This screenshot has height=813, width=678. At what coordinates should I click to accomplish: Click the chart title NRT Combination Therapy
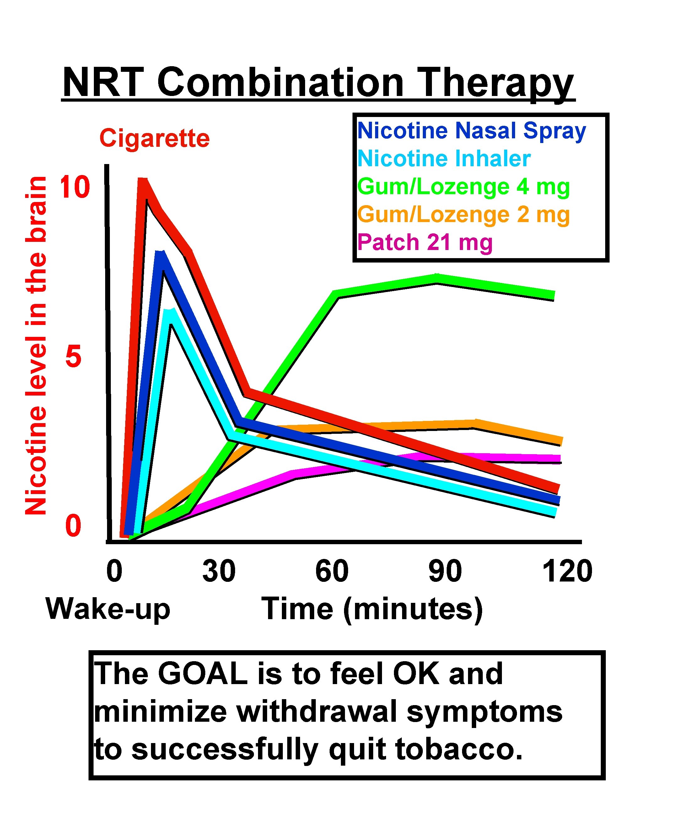click(318, 83)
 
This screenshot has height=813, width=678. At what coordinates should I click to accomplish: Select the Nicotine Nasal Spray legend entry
click(471, 131)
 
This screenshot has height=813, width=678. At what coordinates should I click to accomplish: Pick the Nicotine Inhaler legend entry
click(444, 158)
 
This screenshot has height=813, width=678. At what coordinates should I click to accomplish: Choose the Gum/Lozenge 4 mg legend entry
click(463, 187)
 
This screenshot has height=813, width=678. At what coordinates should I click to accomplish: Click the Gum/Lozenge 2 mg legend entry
click(463, 215)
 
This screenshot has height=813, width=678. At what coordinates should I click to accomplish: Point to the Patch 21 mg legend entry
click(425, 243)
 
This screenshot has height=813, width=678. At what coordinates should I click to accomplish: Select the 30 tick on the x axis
click(219, 571)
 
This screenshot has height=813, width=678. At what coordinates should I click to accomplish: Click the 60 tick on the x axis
click(332, 571)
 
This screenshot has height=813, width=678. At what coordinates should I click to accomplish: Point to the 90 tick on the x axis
click(445, 571)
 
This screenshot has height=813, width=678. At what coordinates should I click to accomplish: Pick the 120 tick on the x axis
click(568, 571)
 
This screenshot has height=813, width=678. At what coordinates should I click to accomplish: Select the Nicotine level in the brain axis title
click(36, 345)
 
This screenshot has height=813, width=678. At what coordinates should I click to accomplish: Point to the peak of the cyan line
click(169, 312)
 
